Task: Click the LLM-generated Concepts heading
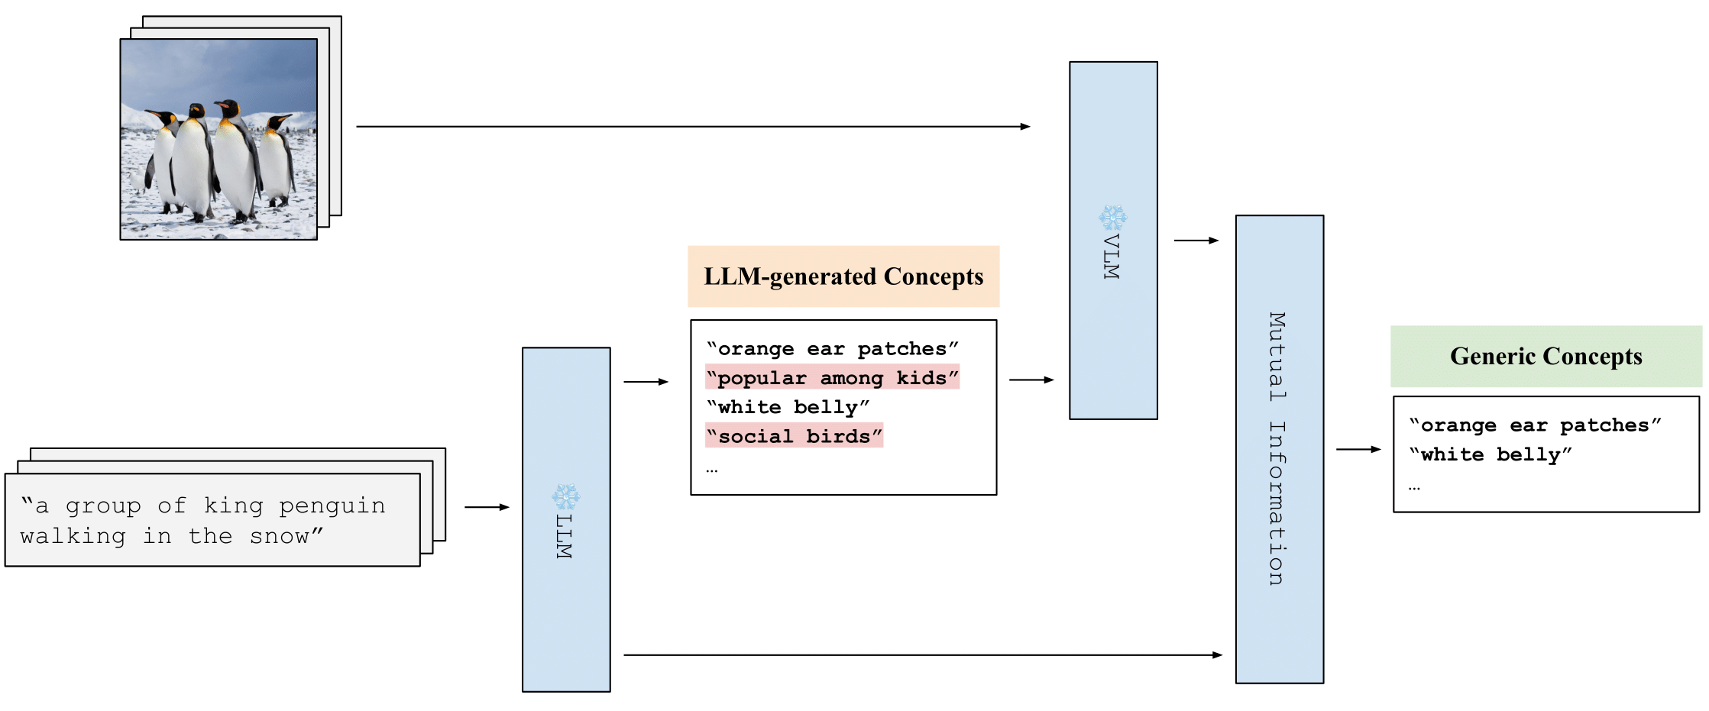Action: (843, 276)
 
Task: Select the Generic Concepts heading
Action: (1546, 357)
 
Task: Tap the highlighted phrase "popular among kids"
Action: (833, 378)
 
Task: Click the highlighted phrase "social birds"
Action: (794, 436)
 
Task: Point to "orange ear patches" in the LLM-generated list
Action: (833, 349)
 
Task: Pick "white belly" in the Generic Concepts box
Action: (1490, 454)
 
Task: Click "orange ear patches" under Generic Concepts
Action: (1535, 425)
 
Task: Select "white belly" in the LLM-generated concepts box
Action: (788, 407)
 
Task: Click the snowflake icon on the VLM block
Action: (1113, 218)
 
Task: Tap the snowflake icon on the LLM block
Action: (566, 497)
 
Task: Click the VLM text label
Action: (1112, 257)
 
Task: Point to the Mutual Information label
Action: (1277, 449)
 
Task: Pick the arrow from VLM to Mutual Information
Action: (1196, 241)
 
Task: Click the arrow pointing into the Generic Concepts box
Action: (1358, 450)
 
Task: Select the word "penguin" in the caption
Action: (332, 506)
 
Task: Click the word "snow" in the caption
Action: (280, 536)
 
